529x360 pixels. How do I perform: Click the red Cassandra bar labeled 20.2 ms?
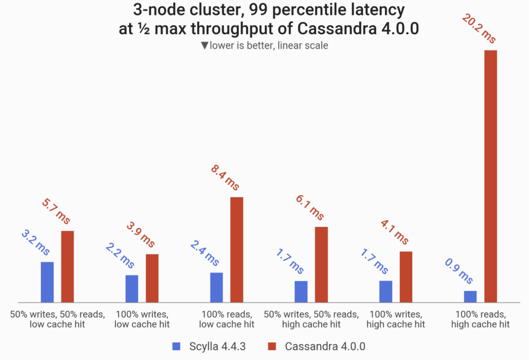coord(490,176)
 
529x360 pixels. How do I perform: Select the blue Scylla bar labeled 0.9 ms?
coord(470,297)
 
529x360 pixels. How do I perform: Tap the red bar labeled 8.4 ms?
coord(237,250)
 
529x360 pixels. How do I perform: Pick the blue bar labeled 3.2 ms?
coord(47,282)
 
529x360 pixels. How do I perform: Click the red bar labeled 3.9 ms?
coord(152,278)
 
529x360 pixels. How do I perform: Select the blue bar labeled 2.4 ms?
coord(216,287)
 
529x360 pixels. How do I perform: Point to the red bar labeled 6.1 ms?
coord(321,265)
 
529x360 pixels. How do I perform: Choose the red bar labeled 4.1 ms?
coord(406,277)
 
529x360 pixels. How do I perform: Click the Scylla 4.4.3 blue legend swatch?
coord(176,346)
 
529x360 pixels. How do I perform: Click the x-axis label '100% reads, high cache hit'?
coord(480,320)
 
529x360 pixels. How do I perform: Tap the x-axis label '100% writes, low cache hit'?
coord(142,320)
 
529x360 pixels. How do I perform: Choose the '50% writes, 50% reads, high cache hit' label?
coord(311,320)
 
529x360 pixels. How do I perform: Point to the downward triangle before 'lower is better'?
coord(205,46)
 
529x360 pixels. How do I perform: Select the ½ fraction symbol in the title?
coord(148,29)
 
